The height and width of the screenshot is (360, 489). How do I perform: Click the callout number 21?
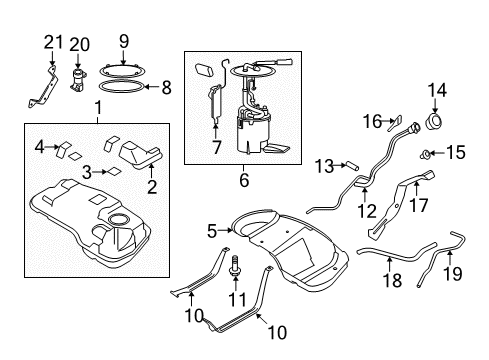tap(54, 43)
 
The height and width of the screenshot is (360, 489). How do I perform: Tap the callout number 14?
tap(437, 90)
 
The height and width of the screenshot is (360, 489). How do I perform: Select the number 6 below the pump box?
tap(244, 180)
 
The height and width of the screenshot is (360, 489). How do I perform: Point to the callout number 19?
tap(453, 274)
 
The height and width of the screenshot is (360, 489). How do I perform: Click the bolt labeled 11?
tap(235, 266)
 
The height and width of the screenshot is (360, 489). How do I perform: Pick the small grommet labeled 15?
tap(425, 154)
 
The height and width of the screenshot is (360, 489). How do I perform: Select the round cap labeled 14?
tap(435, 122)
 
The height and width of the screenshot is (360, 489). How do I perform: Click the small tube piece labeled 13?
tap(353, 166)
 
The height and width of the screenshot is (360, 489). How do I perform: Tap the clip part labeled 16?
tap(395, 124)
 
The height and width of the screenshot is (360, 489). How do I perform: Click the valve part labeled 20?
tap(78, 81)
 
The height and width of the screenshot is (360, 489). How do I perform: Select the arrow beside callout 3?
tap(99, 172)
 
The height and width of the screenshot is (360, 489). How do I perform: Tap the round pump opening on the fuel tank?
tap(119, 220)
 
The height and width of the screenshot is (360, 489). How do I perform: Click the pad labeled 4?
tap(64, 149)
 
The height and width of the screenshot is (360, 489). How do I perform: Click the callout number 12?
tap(367, 211)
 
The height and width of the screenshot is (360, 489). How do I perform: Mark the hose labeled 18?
tap(397, 254)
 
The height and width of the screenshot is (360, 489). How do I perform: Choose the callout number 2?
tap(152, 187)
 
